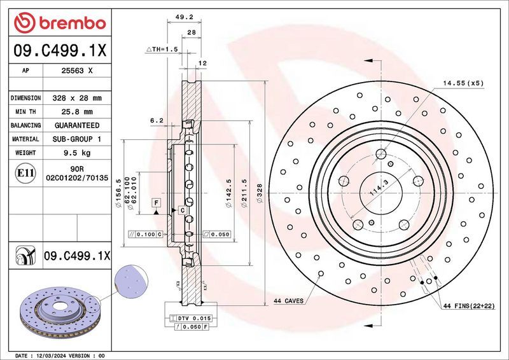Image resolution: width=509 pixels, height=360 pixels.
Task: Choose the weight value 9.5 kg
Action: pos(76,153)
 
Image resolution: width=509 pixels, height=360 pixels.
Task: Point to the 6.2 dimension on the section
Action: pos(157,120)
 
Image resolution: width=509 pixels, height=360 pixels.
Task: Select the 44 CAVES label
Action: pos(288,300)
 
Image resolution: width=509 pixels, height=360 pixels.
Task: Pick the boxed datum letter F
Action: pos(155,202)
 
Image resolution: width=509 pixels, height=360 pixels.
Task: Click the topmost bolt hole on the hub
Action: pos(381,153)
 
